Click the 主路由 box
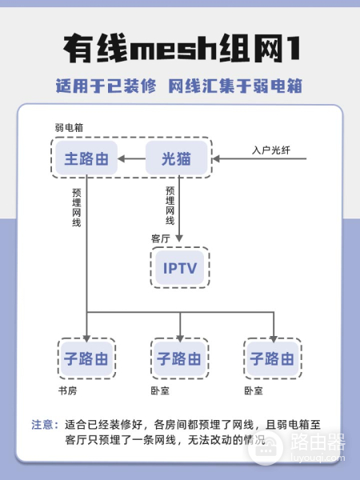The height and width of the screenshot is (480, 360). click(x=86, y=158)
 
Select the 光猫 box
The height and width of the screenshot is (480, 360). click(x=176, y=158)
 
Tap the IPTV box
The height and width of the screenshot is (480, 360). click(x=180, y=267)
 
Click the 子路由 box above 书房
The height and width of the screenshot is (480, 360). click(x=86, y=358)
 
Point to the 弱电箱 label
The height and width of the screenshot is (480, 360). click(x=69, y=128)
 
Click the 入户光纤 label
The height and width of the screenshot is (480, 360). click(x=271, y=150)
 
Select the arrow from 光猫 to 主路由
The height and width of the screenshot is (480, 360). click(x=132, y=158)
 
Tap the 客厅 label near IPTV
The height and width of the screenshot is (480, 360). click(x=160, y=238)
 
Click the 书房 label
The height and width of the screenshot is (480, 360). click(x=68, y=390)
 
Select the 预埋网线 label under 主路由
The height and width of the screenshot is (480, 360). click(x=77, y=207)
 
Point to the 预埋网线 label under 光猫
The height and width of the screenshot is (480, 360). click(x=170, y=206)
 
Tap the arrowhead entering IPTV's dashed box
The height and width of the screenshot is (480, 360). click(x=179, y=238)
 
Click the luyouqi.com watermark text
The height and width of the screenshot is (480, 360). click(x=318, y=458)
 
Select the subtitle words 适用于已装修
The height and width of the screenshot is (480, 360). click(x=106, y=86)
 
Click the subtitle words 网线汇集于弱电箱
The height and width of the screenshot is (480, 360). click(x=235, y=86)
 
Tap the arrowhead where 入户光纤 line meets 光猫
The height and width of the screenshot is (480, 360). click(x=216, y=158)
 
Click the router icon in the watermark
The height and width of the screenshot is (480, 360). click(x=265, y=448)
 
